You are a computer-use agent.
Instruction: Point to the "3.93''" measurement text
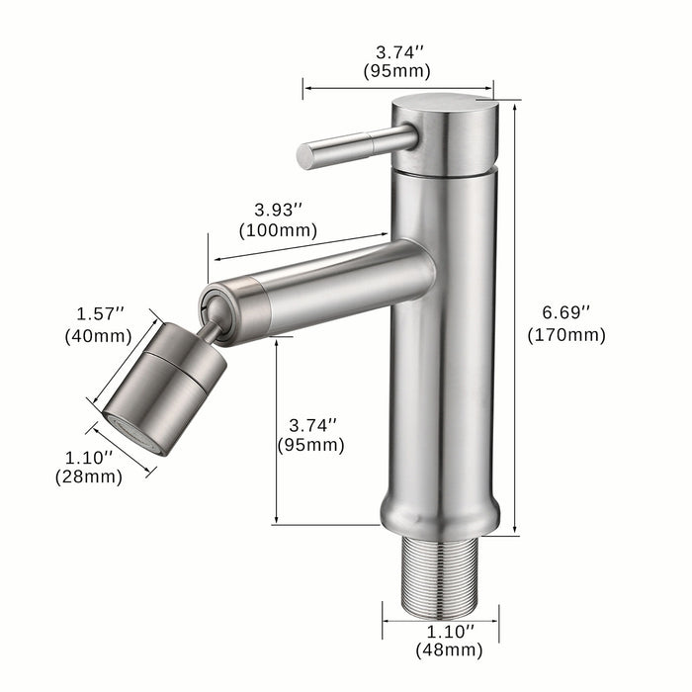(278, 210)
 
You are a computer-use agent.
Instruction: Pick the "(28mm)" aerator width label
(89, 476)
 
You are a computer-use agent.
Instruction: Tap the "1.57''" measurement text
(101, 313)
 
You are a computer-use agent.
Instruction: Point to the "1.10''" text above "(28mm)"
(89, 457)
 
